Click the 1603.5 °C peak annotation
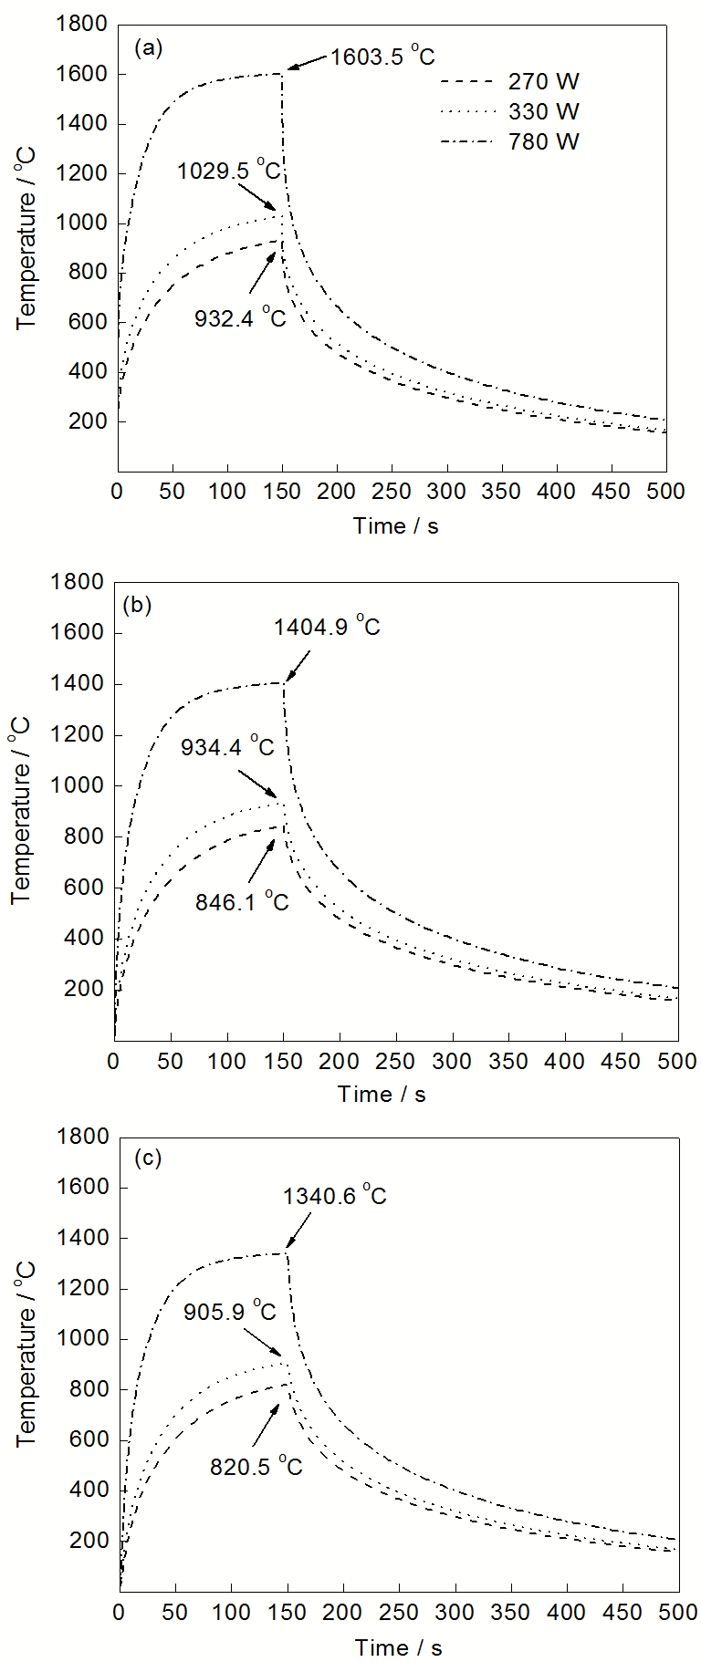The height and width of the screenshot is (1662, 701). click(x=382, y=57)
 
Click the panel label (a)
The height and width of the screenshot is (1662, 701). click(x=148, y=48)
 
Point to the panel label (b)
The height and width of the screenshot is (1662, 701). click(x=141, y=605)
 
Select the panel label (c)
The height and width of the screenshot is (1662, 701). click(x=147, y=1158)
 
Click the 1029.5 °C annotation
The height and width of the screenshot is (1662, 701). click(x=229, y=171)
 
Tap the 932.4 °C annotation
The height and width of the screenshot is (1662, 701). click(x=240, y=317)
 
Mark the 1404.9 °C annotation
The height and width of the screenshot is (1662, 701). click(x=327, y=627)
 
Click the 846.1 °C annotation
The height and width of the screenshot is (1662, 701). click(x=242, y=901)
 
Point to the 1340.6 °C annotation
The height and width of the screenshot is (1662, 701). click(x=334, y=1195)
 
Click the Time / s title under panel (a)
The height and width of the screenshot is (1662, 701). click(x=396, y=526)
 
